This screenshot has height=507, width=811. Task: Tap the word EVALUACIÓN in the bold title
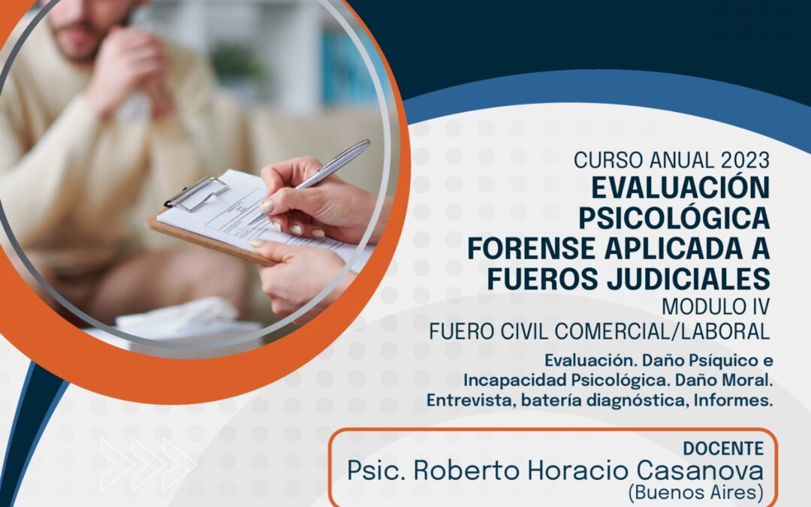(x=680, y=188)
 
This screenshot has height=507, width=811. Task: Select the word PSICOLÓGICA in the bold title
(x=674, y=218)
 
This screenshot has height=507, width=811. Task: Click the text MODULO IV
(x=716, y=306)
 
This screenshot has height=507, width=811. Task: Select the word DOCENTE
(x=723, y=448)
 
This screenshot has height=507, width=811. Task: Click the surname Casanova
(x=700, y=471)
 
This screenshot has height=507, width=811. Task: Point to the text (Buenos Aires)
(x=695, y=493)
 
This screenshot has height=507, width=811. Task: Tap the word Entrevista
(x=470, y=400)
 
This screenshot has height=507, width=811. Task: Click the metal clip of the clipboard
(x=197, y=194)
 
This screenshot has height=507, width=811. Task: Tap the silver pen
(x=309, y=181)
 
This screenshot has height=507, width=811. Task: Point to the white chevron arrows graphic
(x=148, y=464)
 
